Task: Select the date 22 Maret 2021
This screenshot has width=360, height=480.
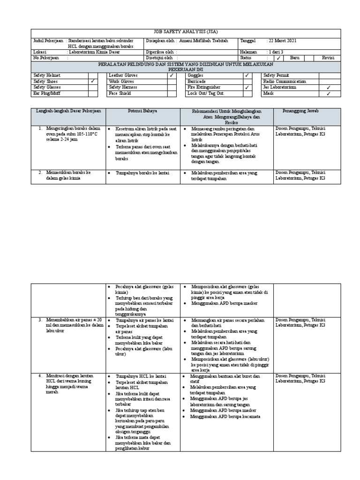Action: pos(282,41)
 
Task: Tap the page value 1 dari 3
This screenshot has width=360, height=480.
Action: pos(277,52)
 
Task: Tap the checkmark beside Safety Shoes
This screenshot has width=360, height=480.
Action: pos(92,81)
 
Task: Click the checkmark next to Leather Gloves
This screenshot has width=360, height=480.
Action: pos(172,75)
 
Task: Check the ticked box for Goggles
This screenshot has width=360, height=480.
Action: pos(247,75)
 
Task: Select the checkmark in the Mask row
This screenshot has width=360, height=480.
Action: pos(328,93)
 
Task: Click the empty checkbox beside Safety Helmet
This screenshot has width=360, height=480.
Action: pos(92,75)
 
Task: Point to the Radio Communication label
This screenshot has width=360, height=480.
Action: pos(284,81)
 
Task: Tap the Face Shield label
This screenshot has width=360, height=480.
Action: pos(120,93)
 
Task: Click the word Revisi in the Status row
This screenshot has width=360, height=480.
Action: pos(328,58)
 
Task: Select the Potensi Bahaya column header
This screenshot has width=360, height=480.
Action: pos(143,111)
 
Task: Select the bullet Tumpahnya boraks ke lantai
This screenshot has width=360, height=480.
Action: pos(142,173)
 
